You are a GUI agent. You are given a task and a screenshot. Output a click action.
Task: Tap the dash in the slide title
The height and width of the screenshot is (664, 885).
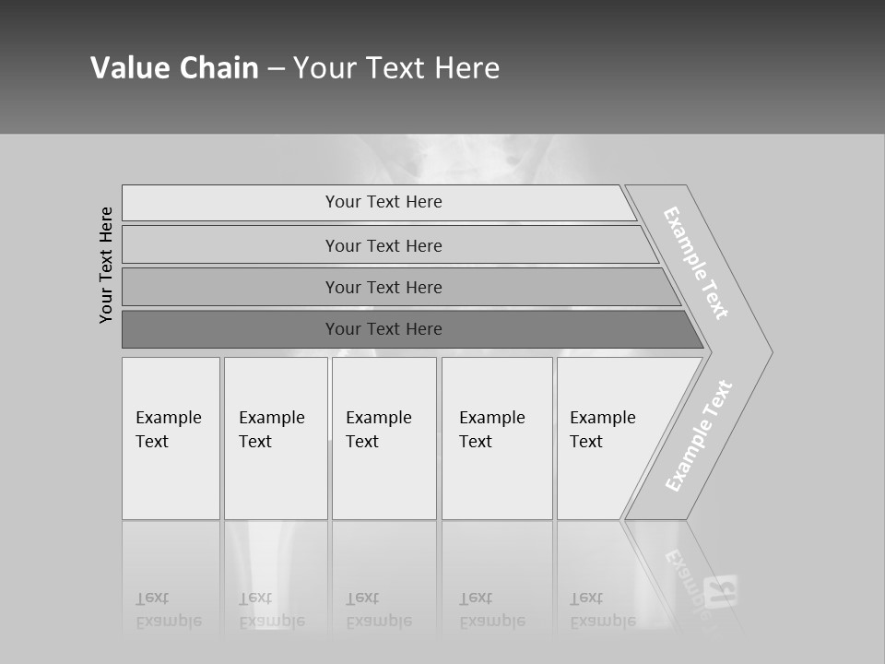[276, 69]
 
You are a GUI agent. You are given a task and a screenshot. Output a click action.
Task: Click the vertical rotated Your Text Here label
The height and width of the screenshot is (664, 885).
[106, 265]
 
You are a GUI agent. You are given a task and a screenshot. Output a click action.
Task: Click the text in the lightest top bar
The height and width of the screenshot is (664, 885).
[383, 202]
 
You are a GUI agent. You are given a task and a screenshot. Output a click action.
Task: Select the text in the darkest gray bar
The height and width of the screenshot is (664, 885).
[383, 329]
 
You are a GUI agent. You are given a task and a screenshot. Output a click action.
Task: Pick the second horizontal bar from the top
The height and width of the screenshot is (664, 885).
[383, 245]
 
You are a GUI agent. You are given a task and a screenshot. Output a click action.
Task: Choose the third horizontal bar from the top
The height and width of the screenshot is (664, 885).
[383, 287]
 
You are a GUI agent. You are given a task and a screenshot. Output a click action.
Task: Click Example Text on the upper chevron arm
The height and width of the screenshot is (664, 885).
[696, 263]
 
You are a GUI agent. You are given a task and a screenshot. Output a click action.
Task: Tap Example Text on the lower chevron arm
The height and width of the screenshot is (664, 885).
[699, 436]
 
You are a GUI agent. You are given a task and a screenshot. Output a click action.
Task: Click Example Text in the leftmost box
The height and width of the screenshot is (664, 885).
[168, 430]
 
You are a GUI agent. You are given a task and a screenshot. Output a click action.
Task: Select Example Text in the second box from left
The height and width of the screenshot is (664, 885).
[271, 430]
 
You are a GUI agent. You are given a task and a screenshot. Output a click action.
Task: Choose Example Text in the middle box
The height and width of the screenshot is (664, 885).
[378, 430]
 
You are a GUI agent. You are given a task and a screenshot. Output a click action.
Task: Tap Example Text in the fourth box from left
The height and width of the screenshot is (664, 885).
[491, 430]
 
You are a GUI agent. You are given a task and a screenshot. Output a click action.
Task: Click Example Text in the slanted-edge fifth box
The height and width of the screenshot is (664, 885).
[602, 430]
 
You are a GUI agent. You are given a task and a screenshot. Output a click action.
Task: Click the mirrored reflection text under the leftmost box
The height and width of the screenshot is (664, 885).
[168, 610]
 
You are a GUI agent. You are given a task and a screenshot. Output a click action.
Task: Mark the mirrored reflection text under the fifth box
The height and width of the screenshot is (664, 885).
[602, 610]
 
